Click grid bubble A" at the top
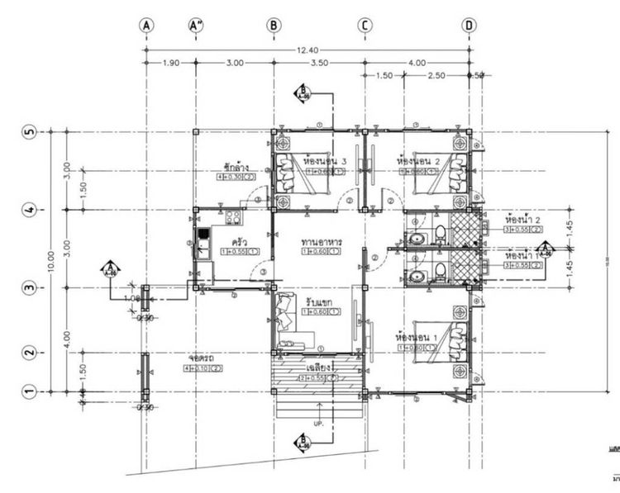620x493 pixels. [196, 26]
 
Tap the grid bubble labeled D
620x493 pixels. [469, 26]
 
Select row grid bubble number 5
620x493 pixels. [28, 132]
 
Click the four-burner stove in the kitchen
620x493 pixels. [232, 218]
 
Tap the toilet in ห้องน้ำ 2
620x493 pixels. [440, 231]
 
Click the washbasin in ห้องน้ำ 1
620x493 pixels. [418, 276]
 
